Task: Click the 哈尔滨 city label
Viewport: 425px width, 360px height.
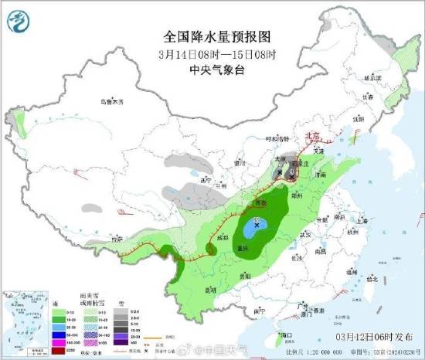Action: point(373,78)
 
